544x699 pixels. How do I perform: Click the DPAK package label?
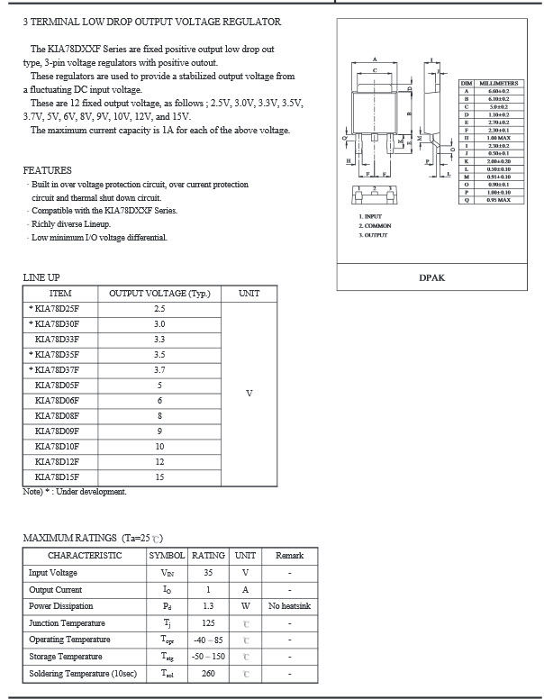pos(432,278)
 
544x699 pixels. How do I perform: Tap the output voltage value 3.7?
pos(159,369)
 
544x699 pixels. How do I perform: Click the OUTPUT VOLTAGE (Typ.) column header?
pos(159,293)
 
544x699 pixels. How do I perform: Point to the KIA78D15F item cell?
pos(57,477)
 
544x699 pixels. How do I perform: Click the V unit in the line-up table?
pos(249,393)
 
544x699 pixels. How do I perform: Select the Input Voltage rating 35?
pos(209,573)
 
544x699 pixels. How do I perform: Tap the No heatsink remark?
pos(289,606)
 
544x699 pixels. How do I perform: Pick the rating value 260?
pos(209,674)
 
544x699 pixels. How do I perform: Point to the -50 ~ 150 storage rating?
pos(209,657)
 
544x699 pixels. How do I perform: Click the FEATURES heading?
pos(48,170)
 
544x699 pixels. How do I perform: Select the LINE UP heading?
pos(41,277)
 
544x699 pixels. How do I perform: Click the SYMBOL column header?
pos(167,556)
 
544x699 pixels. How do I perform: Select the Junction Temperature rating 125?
pos(209,623)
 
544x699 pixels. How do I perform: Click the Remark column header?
pos(289,556)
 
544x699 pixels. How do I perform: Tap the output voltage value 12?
pos(159,461)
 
